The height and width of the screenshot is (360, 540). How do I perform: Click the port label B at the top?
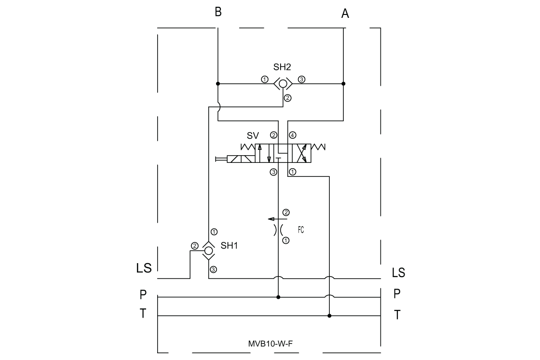[x=218, y=12]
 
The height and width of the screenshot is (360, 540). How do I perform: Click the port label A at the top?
[x=345, y=13]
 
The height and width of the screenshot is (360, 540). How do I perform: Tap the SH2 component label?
[x=282, y=67]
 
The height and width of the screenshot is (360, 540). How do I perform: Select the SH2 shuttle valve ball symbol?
[x=283, y=84]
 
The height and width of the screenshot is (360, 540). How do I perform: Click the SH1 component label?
[x=229, y=246]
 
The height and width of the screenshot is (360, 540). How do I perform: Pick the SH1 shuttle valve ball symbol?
[x=209, y=251]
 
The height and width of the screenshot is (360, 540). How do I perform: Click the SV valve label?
[x=253, y=135]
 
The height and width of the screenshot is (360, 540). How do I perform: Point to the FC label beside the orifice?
[x=301, y=230]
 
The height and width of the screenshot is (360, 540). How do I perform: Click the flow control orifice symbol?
[x=278, y=230]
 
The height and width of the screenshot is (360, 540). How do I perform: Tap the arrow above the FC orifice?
[x=277, y=219]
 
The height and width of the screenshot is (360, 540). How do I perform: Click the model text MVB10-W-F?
[x=270, y=344]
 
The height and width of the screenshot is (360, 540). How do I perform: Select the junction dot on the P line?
[x=278, y=297]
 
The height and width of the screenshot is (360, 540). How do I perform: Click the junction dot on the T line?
[x=329, y=316]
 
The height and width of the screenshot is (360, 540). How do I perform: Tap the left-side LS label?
[x=144, y=268]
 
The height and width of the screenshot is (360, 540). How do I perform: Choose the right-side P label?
[x=397, y=294]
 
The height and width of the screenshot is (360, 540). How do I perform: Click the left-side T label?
[x=143, y=314]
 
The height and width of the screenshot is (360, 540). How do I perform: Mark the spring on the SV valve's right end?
[x=318, y=147]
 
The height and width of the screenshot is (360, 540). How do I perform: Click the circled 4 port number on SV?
[x=292, y=135]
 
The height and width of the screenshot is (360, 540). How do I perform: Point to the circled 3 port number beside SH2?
[x=301, y=80]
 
